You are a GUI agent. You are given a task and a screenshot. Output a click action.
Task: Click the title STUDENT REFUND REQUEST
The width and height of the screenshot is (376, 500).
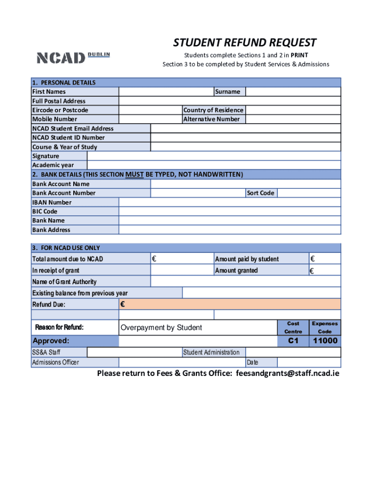pos(245,42)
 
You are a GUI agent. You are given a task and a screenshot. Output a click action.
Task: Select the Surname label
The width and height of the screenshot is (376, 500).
pos(228,92)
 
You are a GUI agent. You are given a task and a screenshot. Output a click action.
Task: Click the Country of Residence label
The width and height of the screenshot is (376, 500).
pos(213,110)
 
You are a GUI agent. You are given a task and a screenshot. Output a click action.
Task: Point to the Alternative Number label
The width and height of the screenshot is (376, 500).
pos(211,119)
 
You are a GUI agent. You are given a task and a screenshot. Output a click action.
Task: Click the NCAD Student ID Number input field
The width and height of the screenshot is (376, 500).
pos(245,138)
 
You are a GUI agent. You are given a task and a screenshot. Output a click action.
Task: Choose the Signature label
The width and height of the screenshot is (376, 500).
pos(45,156)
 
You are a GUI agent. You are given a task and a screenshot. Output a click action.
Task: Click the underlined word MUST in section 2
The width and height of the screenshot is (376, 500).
pos(134,174)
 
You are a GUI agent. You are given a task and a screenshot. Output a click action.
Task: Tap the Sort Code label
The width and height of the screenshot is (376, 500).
pos(260,193)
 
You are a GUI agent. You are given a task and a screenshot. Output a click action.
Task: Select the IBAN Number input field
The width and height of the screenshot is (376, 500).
pos(230,202)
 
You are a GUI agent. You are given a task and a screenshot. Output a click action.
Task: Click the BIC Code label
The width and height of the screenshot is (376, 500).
pos(44,211)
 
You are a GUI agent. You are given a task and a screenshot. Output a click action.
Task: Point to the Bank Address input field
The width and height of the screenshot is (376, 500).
pos(230,230)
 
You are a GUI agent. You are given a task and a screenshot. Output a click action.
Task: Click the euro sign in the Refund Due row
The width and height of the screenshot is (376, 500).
pos(123,305)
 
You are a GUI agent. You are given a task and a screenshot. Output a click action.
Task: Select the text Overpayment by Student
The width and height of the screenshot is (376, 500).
pos(161,328)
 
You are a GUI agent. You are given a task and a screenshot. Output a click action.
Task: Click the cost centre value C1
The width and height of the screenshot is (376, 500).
pos(293,341)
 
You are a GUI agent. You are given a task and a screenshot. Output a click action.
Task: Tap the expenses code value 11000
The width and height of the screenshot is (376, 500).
pos(325,341)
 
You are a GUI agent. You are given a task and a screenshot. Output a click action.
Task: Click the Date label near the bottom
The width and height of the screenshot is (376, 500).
pos(252,362)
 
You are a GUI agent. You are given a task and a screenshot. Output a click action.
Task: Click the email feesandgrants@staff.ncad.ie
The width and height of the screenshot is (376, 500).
pos(288,374)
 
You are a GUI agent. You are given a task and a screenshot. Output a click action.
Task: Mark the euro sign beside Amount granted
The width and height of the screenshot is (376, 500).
pos(312,271)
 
